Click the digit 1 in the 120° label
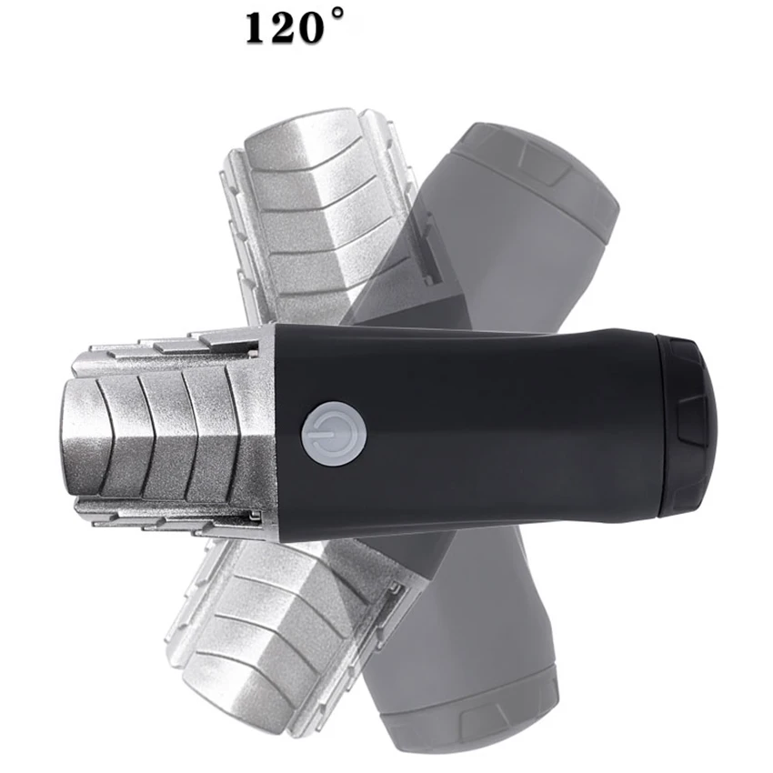(254, 29)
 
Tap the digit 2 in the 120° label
(279, 29)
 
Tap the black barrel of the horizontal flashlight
(482, 427)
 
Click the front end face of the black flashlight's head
(80, 435)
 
